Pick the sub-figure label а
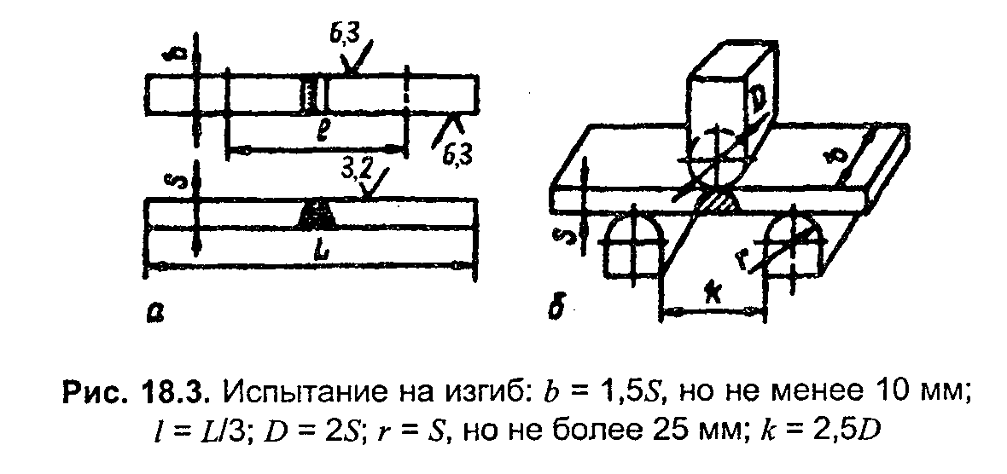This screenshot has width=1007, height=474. click(154, 314)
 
